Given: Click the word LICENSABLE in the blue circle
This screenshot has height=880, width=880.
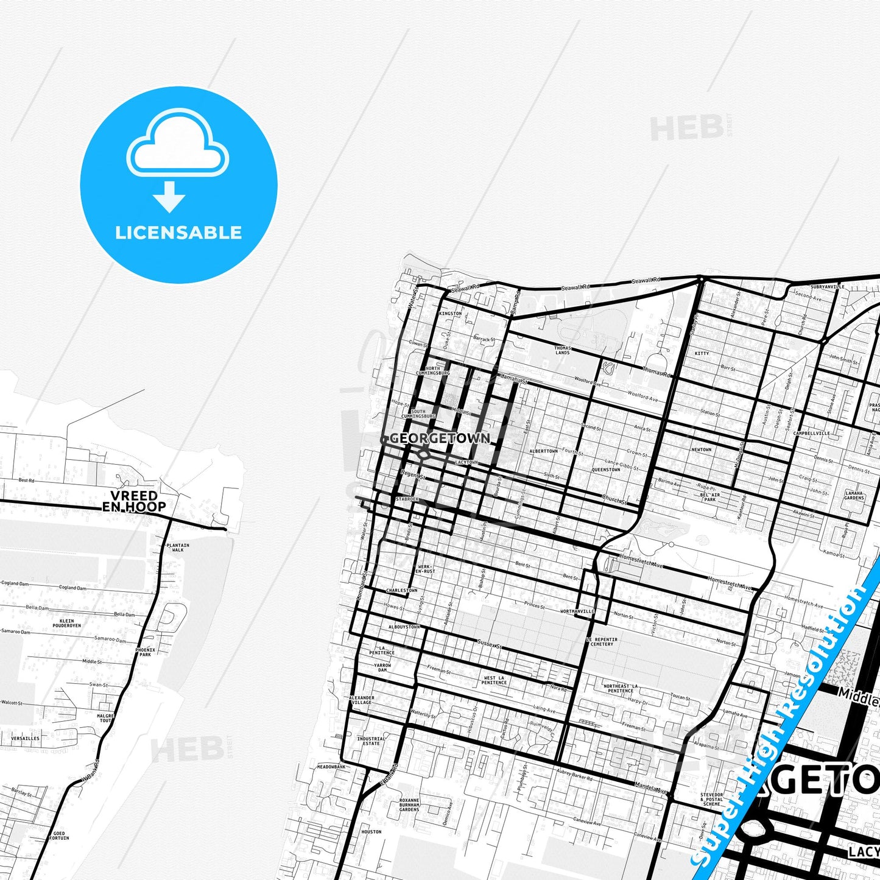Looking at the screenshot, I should [x=178, y=233].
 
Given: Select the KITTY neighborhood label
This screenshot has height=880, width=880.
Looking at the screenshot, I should [x=702, y=353].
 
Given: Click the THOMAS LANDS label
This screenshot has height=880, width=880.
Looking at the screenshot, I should [x=562, y=350].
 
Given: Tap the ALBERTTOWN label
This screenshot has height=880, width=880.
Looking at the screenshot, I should [x=543, y=451].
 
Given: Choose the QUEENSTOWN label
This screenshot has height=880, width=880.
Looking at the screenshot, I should [x=606, y=470].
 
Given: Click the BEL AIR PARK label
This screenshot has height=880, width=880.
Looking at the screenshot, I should [x=709, y=497].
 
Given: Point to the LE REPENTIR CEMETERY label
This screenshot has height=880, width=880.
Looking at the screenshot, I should [x=602, y=641].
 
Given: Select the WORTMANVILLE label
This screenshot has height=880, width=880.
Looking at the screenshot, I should [x=577, y=611].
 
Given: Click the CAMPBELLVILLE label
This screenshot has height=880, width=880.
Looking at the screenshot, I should [x=811, y=433].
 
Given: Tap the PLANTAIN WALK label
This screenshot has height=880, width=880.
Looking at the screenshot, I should [x=177, y=547].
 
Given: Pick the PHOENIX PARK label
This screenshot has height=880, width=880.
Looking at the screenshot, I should [x=145, y=652].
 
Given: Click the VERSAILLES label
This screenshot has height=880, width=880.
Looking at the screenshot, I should [x=25, y=738].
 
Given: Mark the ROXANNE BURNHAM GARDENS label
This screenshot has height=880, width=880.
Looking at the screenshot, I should [x=409, y=804].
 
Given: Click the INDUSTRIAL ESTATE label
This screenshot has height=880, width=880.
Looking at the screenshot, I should [x=371, y=741].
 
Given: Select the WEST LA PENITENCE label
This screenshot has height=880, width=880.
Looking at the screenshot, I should [x=494, y=680].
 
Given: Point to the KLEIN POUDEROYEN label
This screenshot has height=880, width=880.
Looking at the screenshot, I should [x=66, y=623].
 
